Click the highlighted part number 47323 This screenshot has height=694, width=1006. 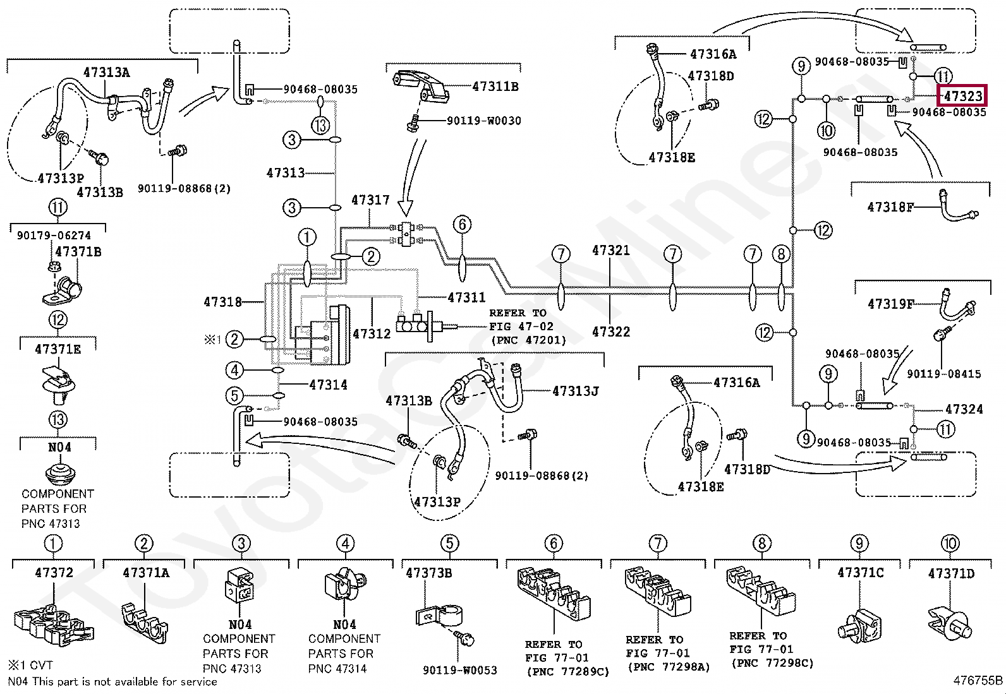962,96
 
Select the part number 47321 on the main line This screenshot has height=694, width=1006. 610,251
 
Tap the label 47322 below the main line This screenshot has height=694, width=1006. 610,332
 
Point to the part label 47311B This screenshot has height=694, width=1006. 495,87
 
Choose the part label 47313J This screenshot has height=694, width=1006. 575,392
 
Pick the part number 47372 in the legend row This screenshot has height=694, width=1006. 54,573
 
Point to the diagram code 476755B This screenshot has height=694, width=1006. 978,681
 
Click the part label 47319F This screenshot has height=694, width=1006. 890,304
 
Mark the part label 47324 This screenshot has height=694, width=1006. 964,409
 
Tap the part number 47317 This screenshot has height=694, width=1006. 370,200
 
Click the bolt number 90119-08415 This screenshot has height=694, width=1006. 943,374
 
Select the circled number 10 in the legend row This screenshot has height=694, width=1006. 950,543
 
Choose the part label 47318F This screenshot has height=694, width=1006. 890,206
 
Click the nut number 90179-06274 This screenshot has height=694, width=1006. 54,236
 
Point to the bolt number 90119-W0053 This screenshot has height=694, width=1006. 459,670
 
